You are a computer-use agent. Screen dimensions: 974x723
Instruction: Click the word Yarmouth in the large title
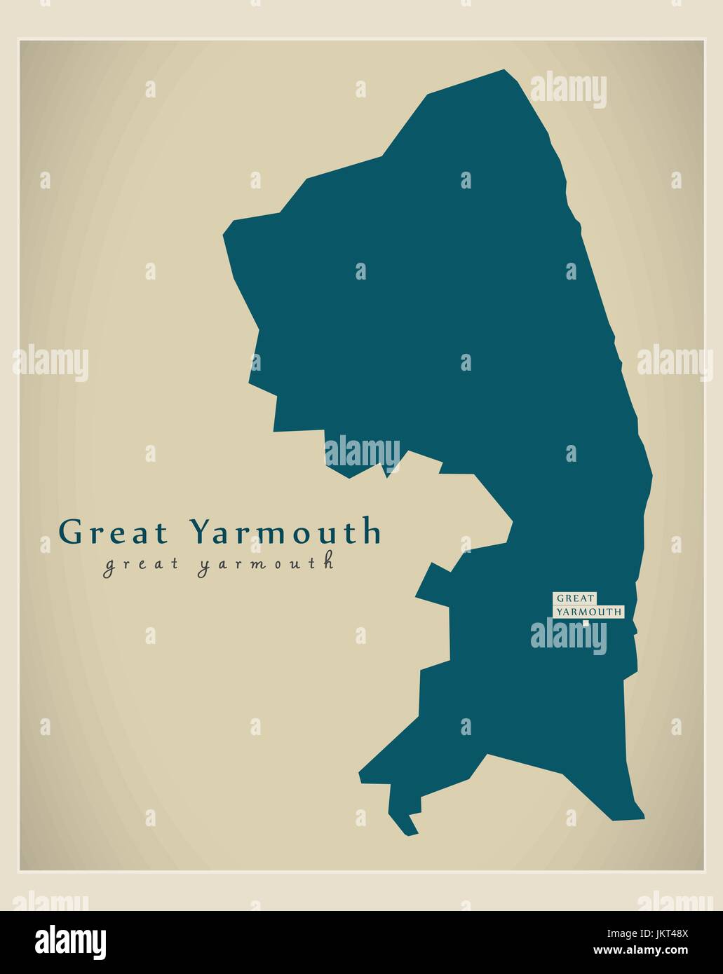285,532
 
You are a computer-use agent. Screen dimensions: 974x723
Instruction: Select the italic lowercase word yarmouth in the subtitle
265,565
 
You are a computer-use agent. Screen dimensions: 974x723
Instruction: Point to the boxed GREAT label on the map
575,598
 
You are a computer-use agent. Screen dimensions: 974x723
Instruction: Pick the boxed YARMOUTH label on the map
588,612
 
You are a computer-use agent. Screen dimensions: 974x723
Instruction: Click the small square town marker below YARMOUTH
586,622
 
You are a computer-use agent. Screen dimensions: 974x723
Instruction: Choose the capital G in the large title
71,532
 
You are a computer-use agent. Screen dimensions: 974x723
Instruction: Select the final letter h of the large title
372,532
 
